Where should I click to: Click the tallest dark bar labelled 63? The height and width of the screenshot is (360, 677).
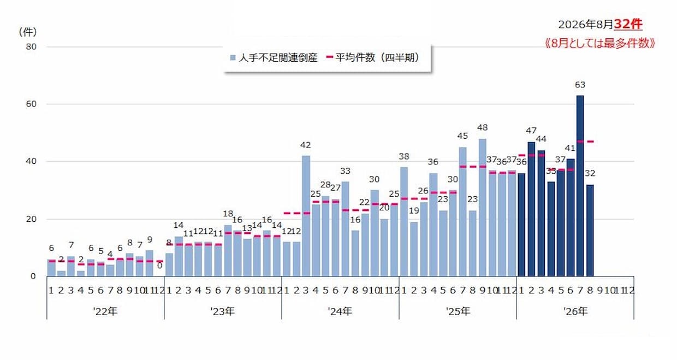point(580,186)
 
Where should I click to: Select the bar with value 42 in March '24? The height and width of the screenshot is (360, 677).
point(306,216)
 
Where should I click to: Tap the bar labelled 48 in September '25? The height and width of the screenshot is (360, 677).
point(483,208)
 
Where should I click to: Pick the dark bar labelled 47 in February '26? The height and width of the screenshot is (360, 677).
point(531,209)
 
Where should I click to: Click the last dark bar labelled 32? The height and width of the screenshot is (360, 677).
point(590,231)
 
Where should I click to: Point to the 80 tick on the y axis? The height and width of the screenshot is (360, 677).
point(31,47)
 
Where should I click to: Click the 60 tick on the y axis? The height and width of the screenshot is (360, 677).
point(31,104)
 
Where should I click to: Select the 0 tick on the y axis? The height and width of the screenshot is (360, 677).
point(33,276)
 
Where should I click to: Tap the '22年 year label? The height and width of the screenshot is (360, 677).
point(105,311)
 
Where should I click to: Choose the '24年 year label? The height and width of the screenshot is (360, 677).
point(340,311)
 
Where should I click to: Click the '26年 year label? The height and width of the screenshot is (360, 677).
point(575,311)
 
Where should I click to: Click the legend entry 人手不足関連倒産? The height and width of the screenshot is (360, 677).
point(274,57)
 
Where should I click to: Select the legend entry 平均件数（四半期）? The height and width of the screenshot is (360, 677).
point(373,57)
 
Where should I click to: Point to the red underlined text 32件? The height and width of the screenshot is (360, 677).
point(628,24)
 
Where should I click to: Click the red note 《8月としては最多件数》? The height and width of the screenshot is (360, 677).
point(600,43)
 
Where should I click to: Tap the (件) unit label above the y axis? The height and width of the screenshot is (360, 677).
point(28,32)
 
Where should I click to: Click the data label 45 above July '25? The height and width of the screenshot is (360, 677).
point(462,136)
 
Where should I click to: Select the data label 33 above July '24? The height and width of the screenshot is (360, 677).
point(345,171)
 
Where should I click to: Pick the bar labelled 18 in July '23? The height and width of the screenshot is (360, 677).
point(228,251)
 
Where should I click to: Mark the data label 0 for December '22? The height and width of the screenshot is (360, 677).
point(159,265)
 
